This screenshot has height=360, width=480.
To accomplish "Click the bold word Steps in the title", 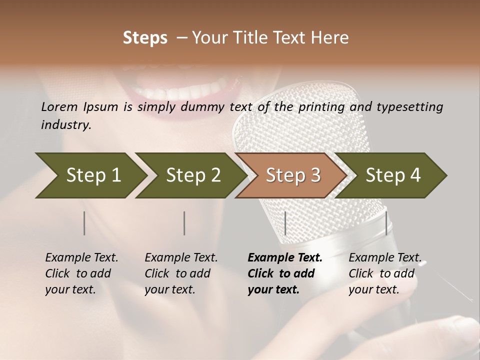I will (145, 38).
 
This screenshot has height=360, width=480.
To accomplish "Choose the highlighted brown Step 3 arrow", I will (293, 175).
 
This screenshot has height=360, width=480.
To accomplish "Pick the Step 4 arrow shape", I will (393, 175).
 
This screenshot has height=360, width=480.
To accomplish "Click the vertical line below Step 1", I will (84, 223).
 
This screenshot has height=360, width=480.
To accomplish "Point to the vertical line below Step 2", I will (184, 223).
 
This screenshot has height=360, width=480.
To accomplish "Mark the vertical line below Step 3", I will (285, 223).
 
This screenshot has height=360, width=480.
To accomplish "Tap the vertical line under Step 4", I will (386, 223).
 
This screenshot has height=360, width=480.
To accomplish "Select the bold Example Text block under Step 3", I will (285, 273).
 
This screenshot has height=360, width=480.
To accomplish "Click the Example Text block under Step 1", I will (81, 273).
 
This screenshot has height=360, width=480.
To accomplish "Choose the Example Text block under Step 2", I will (181, 273).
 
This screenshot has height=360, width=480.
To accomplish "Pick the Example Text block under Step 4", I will (384, 273).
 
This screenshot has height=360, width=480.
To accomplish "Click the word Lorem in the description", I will (59, 106).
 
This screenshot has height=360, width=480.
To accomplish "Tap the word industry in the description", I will (66, 125).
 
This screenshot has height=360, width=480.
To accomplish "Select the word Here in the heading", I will (332, 38).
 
